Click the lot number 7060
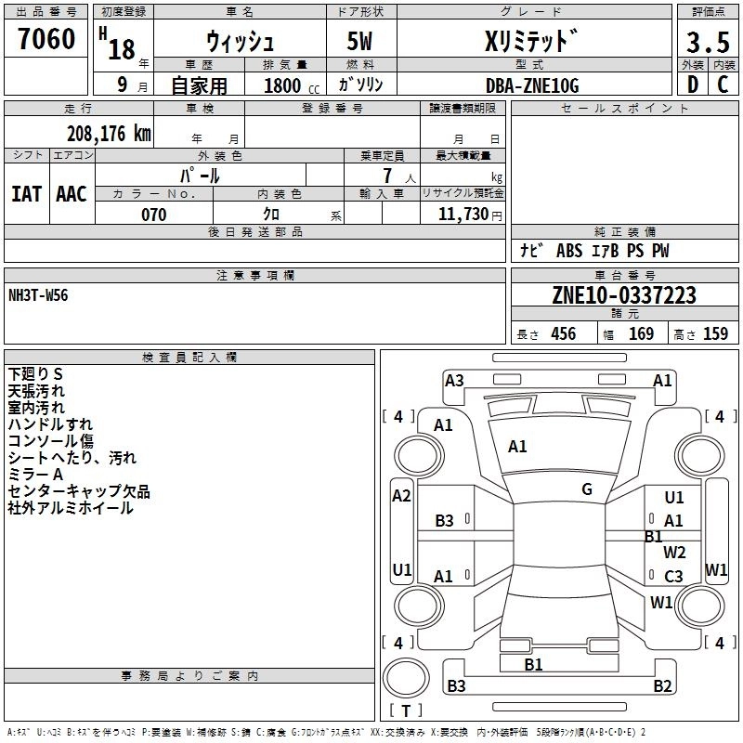click(x=46, y=39)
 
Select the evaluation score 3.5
click(x=706, y=42)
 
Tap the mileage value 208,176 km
click(x=108, y=133)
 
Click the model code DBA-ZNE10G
click(x=532, y=85)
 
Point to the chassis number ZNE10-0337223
click(x=623, y=295)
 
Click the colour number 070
click(x=153, y=215)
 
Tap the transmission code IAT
click(x=26, y=193)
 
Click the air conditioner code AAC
click(x=72, y=193)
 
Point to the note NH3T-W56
click(x=38, y=295)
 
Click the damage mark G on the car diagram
click(x=587, y=489)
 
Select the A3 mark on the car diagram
click(x=454, y=380)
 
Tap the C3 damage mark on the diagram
click(x=673, y=576)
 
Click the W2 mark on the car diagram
click(x=674, y=553)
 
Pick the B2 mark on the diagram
click(x=662, y=686)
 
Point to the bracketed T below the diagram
click(x=405, y=711)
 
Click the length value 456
click(x=563, y=333)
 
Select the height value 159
click(x=715, y=333)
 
